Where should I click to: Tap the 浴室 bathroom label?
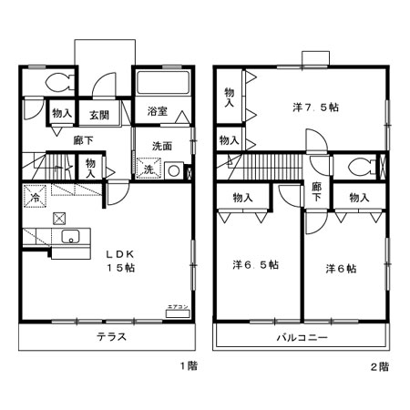[x=156, y=113]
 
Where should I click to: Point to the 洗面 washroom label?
[x=162, y=146]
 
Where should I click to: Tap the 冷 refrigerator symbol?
[x=35, y=197]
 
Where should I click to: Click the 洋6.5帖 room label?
[x=255, y=265]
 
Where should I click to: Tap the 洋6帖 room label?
[x=341, y=269]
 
